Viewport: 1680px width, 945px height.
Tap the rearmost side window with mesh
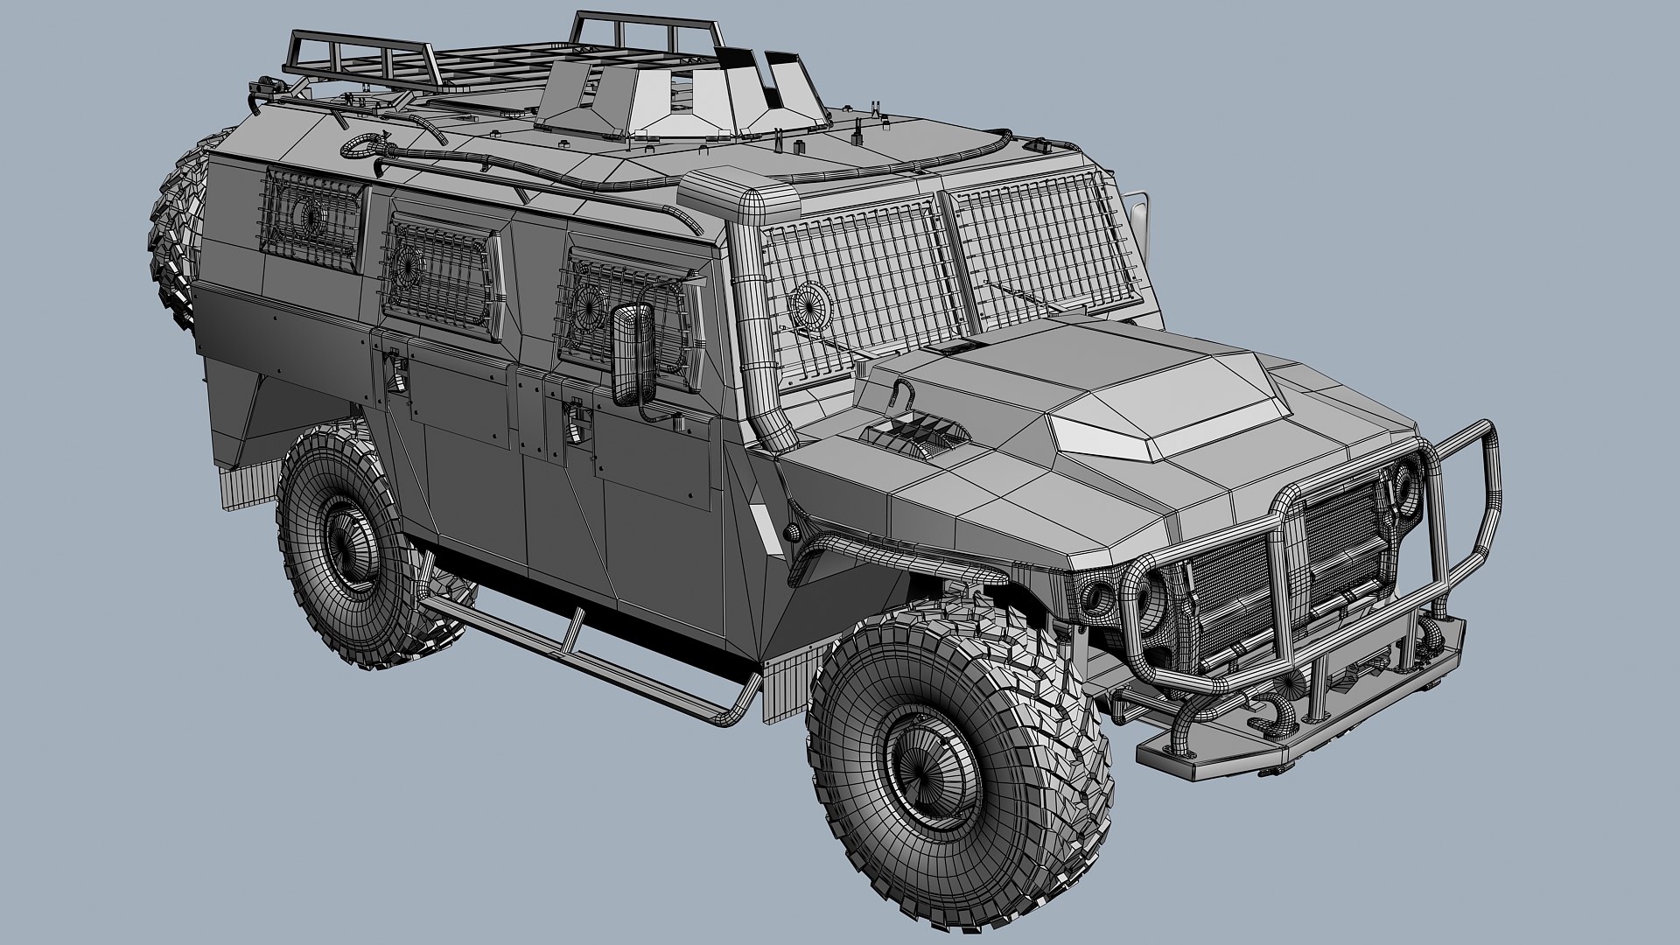pyautogui.click(x=311, y=222)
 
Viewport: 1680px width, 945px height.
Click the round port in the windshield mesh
pyautogui.click(x=809, y=306)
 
